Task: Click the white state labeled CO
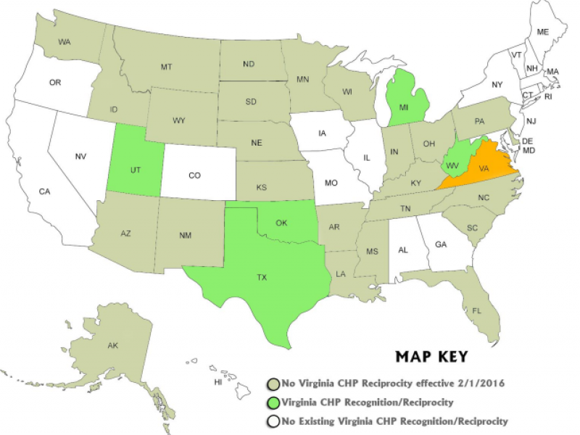pos(195,175)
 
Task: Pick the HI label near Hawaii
pos(217,381)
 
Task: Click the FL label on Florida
pos(477,310)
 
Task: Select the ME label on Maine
pos(542,32)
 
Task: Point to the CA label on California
pos(45,191)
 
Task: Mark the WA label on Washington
pos(64,43)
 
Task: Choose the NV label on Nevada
pos(81,155)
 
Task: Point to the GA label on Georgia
pos(440,244)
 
